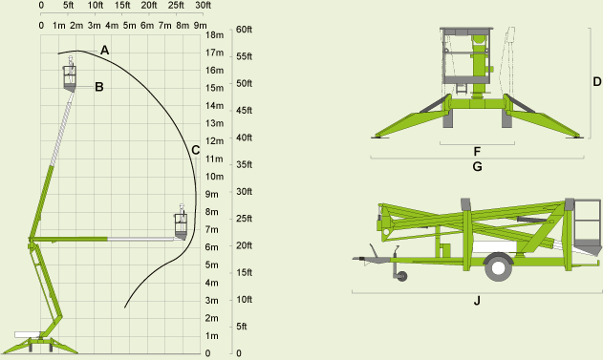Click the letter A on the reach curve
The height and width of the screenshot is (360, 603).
[x=105, y=49]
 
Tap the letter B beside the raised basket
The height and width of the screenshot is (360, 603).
[x=98, y=87]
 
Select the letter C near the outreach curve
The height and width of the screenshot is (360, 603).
[x=195, y=149]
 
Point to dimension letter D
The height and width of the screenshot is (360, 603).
[x=596, y=81]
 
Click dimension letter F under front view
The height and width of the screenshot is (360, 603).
[x=476, y=151]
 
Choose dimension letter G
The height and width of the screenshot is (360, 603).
[x=476, y=166]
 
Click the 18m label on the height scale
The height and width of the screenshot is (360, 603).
[x=215, y=35]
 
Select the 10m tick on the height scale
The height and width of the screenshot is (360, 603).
[x=215, y=177]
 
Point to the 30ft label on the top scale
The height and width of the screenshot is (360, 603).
[x=202, y=6]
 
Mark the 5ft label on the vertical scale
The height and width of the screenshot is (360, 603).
[x=241, y=327]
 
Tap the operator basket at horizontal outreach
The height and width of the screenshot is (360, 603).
[x=181, y=225]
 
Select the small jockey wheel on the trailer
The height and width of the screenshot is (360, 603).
[x=402, y=277]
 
